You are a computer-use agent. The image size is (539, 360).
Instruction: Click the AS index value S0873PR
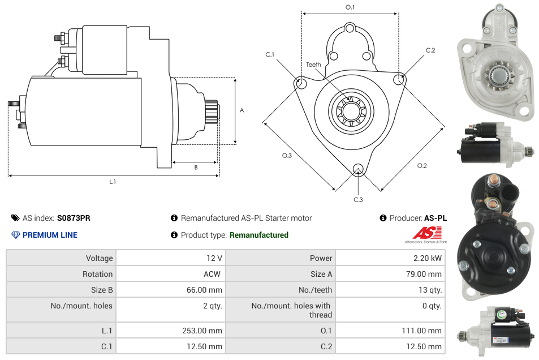(74, 218)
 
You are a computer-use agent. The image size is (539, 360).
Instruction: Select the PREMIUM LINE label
(50, 235)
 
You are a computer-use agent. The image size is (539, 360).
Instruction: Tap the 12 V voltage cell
(214, 258)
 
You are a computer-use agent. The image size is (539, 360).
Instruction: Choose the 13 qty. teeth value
(429, 290)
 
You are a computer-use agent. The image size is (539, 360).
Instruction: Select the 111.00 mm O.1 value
(423, 331)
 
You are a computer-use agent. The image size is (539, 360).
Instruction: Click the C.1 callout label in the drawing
(270, 55)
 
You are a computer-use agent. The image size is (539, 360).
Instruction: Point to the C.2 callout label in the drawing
(430, 50)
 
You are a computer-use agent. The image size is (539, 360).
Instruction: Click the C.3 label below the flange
(358, 199)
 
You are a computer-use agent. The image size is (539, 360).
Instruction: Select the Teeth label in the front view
(313, 65)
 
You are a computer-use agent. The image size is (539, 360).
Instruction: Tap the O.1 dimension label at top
(350, 7)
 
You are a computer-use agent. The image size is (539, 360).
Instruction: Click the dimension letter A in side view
(242, 110)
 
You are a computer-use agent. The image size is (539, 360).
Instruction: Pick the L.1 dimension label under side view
(113, 182)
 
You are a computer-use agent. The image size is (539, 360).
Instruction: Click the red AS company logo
(425, 233)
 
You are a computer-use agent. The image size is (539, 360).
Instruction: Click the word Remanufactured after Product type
(258, 235)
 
